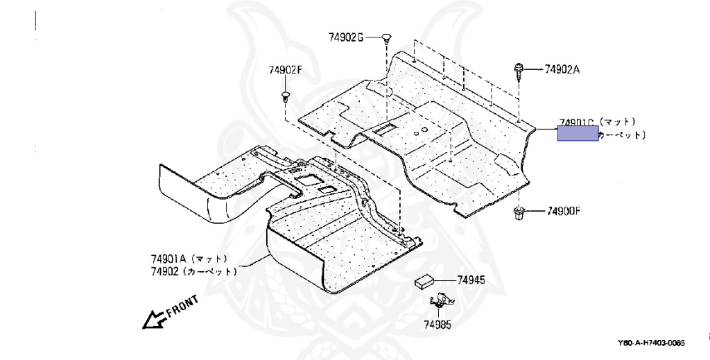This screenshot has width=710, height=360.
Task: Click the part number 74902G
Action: (x=346, y=37)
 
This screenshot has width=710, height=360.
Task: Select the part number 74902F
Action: (x=286, y=70)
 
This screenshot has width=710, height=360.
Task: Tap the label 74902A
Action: (x=562, y=69)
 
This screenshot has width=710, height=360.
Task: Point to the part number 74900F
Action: (x=564, y=210)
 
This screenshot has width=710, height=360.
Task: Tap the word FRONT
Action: (x=182, y=305)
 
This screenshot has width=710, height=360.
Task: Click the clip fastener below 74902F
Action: (x=286, y=94)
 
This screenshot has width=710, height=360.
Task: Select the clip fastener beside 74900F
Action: (x=519, y=212)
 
